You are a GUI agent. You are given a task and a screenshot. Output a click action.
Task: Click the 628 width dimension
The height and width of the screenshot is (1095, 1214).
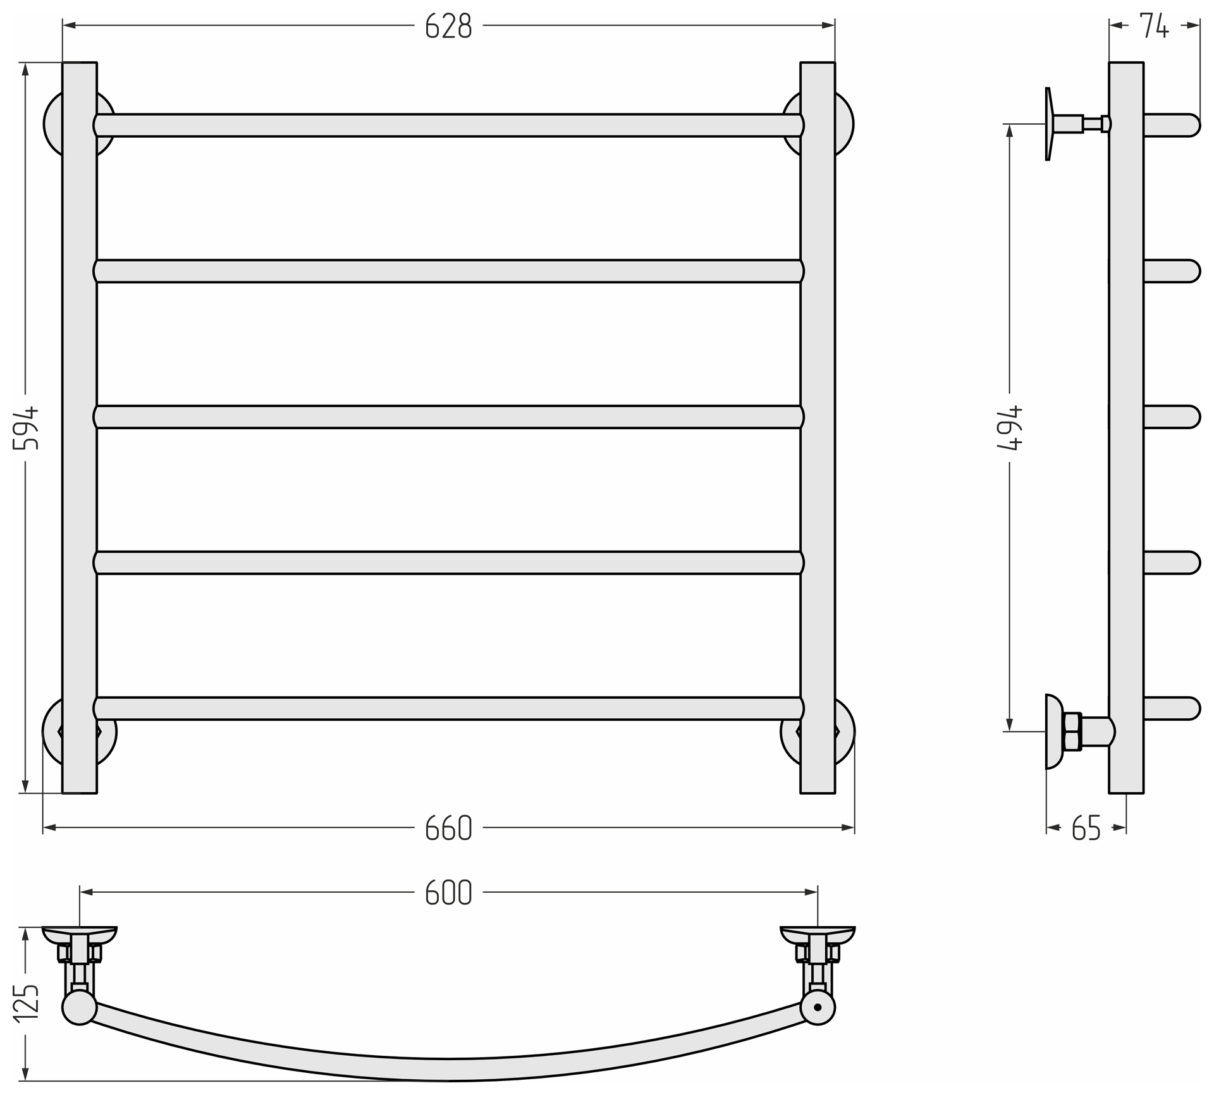tap(448, 26)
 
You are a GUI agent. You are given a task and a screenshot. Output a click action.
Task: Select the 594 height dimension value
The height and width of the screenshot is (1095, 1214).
tap(26, 428)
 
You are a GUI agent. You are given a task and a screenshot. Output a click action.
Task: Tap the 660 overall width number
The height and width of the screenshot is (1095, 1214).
tap(448, 828)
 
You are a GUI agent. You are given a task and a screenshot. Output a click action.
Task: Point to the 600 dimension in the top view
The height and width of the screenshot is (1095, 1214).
tap(448, 892)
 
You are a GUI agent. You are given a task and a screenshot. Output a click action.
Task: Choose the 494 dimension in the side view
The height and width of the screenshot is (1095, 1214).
tap(1009, 427)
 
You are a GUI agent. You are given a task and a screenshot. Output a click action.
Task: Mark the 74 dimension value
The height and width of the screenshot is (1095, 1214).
tap(1154, 26)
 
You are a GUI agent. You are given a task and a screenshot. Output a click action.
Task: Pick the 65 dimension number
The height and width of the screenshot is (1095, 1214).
tap(1086, 828)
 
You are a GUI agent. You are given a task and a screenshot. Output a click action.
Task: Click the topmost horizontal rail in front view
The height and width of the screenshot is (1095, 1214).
tap(448, 125)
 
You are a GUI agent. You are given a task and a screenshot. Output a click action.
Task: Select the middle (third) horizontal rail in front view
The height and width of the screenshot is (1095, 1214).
tap(448, 417)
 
